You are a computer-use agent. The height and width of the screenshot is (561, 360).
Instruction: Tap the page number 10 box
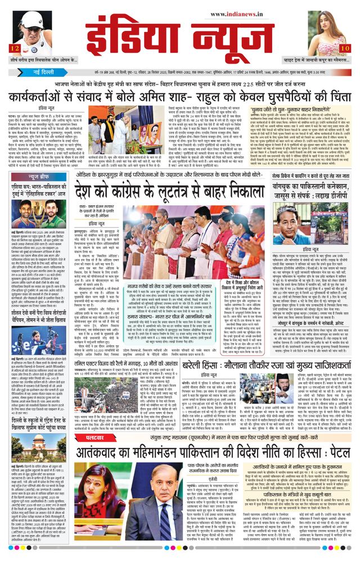(344, 49)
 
